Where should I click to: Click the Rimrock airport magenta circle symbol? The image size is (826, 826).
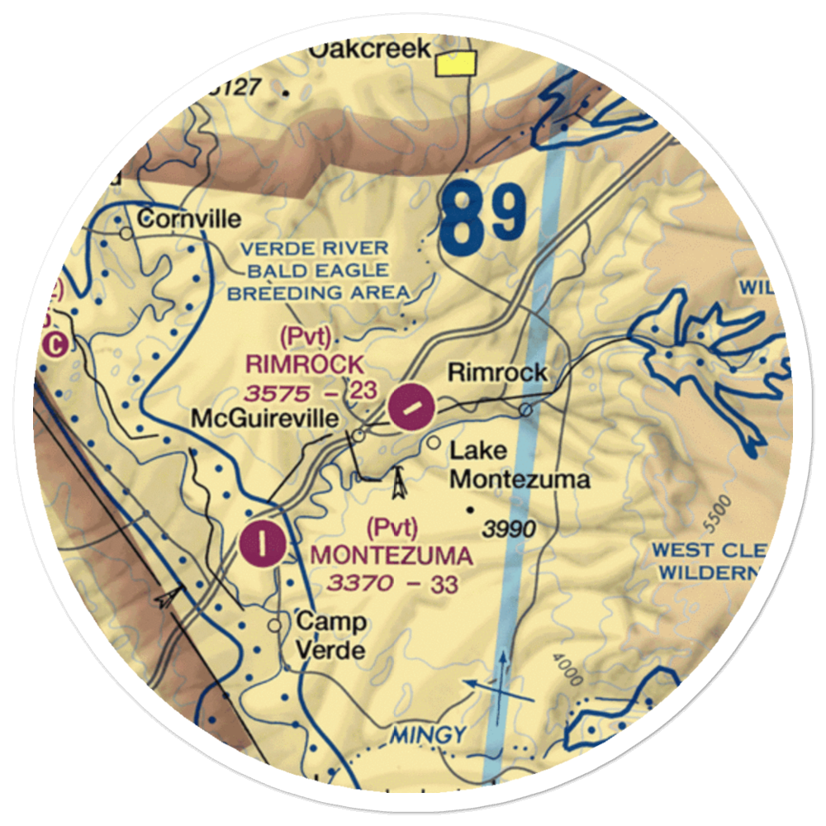[411, 406]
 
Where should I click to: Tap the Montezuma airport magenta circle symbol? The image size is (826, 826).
[263, 544]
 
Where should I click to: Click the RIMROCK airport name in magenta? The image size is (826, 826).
[303, 363]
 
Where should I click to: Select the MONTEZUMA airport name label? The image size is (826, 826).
[392, 555]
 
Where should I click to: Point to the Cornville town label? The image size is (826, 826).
[189, 219]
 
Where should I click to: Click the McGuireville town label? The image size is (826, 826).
[264, 419]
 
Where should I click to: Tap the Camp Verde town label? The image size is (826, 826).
[330, 635]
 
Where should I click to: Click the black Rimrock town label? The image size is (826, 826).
[497, 373]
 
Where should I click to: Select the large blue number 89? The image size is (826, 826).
[483, 219]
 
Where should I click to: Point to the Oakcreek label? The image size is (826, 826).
[370, 49]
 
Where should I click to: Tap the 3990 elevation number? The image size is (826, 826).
[510, 529]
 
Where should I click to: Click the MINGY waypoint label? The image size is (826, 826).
[429, 733]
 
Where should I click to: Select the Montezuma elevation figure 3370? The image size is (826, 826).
[361, 584]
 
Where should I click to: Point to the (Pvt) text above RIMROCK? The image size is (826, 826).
[306, 337]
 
